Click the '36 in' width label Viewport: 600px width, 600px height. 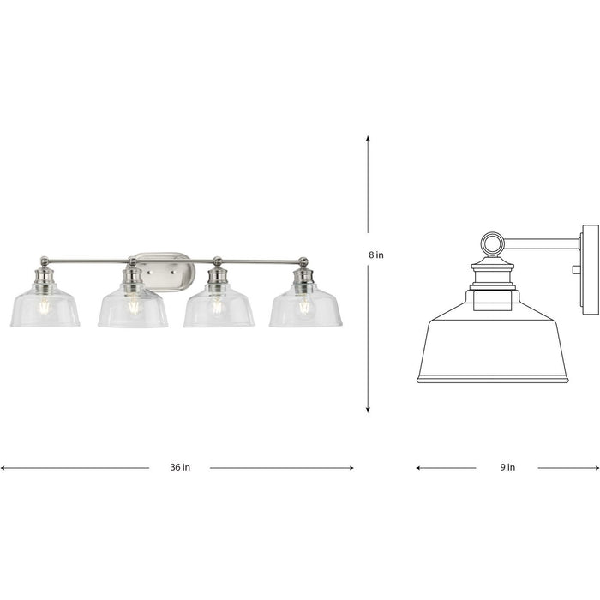tap(179, 468)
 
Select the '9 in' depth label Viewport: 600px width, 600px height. tap(507, 468)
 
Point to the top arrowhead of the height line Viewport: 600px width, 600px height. tap(369, 138)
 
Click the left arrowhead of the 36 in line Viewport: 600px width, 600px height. tap(3, 468)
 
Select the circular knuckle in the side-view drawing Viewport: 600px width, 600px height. tap(492, 244)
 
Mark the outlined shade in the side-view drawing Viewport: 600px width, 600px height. tap(491, 347)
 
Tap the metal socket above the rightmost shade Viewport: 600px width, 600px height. tap(303, 278)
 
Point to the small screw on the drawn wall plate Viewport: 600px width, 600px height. tap(576, 269)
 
